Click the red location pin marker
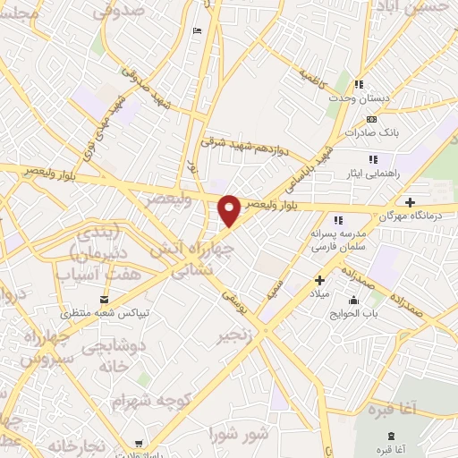[x=230, y=210]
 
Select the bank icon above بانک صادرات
[x=372, y=119]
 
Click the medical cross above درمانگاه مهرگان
[x=410, y=202]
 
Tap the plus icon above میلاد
[x=319, y=280]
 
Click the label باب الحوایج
[x=365, y=312]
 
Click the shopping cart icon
[x=137, y=443]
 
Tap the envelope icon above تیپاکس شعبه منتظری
[x=106, y=299]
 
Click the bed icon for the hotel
[x=197, y=31]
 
